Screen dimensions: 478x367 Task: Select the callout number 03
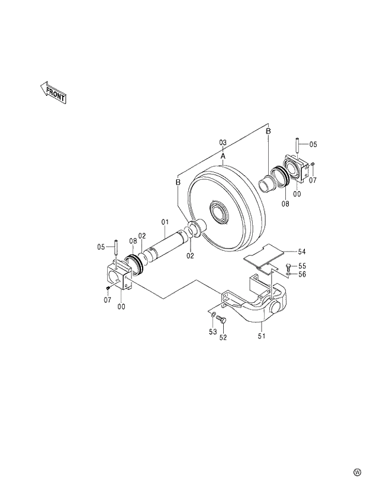pyautogui.click(x=223, y=143)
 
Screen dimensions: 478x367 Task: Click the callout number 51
pyautogui.click(x=261, y=337)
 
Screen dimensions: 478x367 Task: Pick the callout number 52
pyautogui.click(x=223, y=338)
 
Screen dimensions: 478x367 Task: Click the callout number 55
pyautogui.click(x=302, y=266)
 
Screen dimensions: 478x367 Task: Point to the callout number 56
pyautogui.click(x=302, y=274)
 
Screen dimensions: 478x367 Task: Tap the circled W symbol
pyautogui.click(x=357, y=471)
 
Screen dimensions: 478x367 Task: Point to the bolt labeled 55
pyautogui.click(x=288, y=267)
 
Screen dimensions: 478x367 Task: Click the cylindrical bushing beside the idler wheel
pyautogui.click(x=266, y=183)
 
